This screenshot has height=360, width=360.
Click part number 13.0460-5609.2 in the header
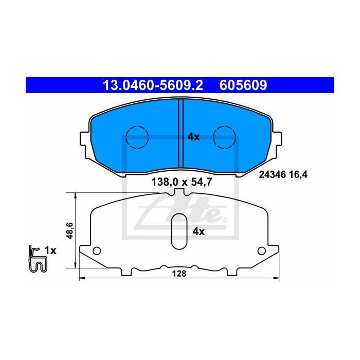[x=153, y=85]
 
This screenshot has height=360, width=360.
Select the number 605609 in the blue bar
[x=243, y=85]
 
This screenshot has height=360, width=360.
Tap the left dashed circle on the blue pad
[x=137, y=137]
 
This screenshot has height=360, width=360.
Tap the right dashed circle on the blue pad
[x=224, y=137]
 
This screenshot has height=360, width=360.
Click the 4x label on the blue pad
[x=193, y=137]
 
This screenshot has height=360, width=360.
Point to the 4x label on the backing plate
[x=199, y=231]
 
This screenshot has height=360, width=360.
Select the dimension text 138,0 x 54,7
[x=182, y=182]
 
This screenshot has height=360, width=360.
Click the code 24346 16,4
[x=283, y=175]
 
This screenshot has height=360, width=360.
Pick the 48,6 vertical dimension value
[x=69, y=230]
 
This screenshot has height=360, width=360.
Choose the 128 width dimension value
[x=179, y=274]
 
